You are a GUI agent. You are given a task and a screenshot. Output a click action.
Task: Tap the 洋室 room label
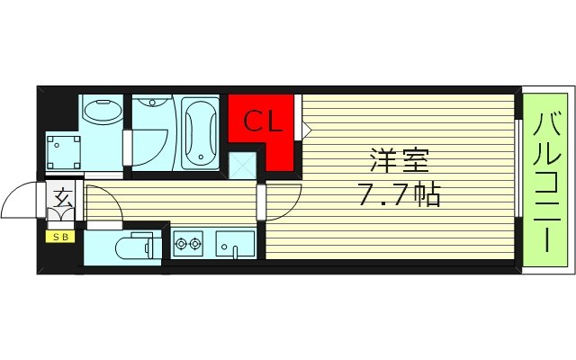[397, 162]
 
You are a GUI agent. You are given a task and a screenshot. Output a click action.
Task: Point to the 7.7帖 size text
[397, 193]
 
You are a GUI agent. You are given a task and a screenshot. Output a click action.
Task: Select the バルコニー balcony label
[547, 180]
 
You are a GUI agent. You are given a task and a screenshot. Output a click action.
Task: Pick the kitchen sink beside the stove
[235, 243]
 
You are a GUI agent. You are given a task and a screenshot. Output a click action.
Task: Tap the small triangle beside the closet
[306, 131]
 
